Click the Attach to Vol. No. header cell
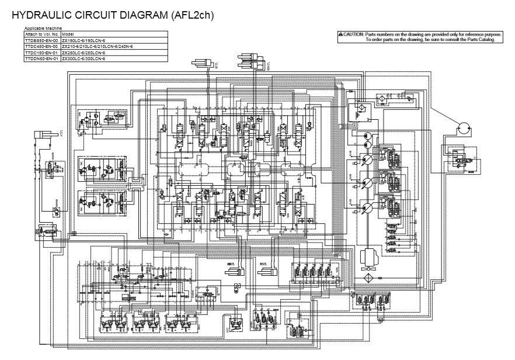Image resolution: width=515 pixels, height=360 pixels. (41, 34)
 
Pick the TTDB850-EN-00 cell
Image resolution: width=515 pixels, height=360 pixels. (41, 40)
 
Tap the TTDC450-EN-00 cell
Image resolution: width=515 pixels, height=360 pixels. (41, 46)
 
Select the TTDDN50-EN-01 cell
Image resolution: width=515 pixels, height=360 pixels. (41, 58)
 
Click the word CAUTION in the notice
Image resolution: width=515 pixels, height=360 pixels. (353, 35)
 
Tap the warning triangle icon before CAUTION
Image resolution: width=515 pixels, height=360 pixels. (340, 35)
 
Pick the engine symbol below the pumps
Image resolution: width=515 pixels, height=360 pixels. (369, 256)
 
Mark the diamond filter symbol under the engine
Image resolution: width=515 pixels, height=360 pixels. (369, 276)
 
